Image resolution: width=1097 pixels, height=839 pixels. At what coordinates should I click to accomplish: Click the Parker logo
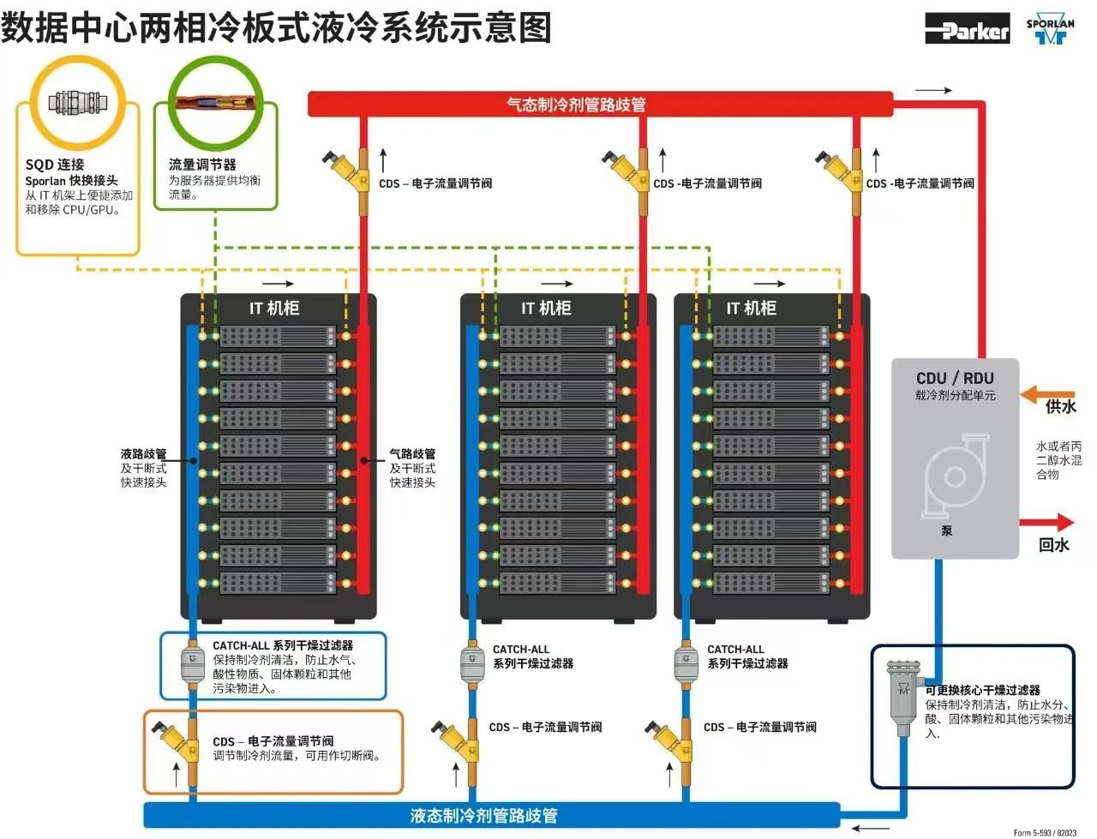coord(967,28)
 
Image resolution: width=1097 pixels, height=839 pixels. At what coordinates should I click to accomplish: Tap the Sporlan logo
coord(1050,30)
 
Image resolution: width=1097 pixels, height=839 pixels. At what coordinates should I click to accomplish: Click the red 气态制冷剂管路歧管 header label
coord(576,105)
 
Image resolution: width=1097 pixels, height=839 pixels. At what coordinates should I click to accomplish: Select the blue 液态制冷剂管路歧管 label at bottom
coord(484,815)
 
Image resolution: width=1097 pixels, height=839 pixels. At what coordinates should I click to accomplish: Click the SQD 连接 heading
coord(55,165)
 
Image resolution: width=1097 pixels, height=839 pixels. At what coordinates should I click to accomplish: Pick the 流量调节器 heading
coord(202,165)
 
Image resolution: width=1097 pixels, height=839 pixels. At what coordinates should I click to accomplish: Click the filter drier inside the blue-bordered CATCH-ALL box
coord(191,664)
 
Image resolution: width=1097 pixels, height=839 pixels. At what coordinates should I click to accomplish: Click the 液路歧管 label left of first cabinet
coord(143,454)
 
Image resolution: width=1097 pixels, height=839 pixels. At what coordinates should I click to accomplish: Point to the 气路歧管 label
coord(412,454)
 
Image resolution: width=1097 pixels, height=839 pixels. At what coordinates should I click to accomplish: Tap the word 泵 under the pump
coord(947,531)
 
